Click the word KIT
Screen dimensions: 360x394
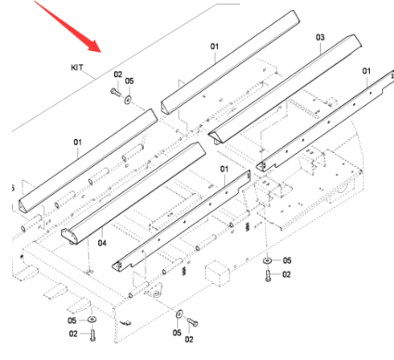point(78,69)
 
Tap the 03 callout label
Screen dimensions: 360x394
point(320,38)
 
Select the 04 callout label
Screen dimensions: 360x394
point(102,243)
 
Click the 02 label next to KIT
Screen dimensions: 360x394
point(118,73)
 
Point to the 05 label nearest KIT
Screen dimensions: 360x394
point(130,82)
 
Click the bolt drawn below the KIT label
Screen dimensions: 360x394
point(111,94)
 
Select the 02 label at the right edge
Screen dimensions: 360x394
point(286,275)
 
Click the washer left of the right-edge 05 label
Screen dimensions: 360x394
point(269,261)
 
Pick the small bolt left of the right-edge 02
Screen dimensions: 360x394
point(269,274)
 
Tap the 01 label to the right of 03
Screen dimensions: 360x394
point(366,71)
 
